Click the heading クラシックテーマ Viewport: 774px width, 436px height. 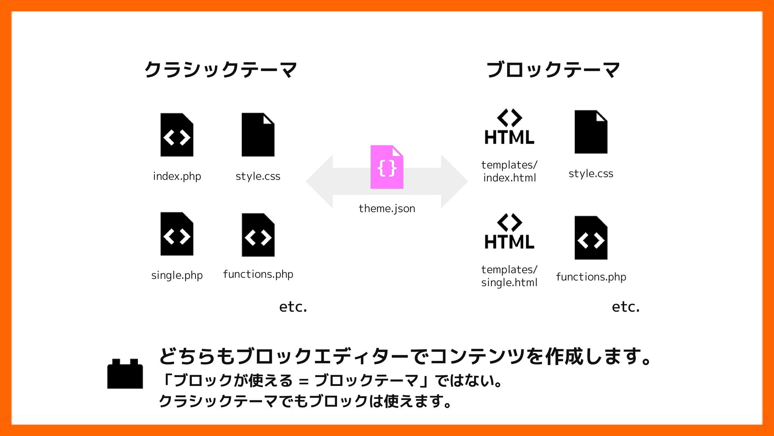pyautogui.click(x=221, y=70)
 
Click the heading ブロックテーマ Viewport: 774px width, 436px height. pyautogui.click(x=553, y=70)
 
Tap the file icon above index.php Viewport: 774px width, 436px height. pyautogui.click(x=177, y=135)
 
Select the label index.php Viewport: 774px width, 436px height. pyautogui.click(x=177, y=176)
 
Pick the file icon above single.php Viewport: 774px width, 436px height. pyautogui.click(x=177, y=234)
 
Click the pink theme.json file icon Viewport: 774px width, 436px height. pyautogui.click(x=387, y=167)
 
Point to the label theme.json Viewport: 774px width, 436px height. pyautogui.click(x=387, y=209)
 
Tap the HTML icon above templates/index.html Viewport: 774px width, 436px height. pyautogui.click(x=509, y=127)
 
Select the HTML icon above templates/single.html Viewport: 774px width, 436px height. pyautogui.click(x=509, y=232)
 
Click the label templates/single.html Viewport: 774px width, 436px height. pyautogui.click(x=509, y=276)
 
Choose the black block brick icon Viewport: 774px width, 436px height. pyautogui.click(x=125, y=374)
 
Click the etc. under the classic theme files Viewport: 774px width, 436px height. pyautogui.click(x=293, y=307)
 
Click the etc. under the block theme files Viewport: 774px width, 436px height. pyautogui.click(x=626, y=307)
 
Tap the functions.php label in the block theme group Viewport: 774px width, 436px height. pyautogui.click(x=591, y=277)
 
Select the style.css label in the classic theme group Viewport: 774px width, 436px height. pyautogui.click(x=258, y=176)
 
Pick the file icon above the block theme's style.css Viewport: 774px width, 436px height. pyautogui.click(x=591, y=132)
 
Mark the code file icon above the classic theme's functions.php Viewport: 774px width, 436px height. pyautogui.click(x=258, y=235)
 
